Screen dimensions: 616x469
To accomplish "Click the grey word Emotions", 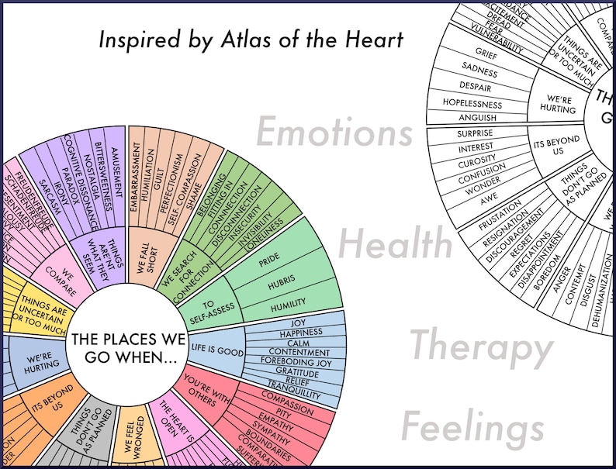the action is click(334, 133).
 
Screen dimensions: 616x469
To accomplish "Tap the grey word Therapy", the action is click(480, 347).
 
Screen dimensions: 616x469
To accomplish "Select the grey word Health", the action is click(395, 244).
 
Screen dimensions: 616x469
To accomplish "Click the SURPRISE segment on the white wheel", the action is click(476, 133).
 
